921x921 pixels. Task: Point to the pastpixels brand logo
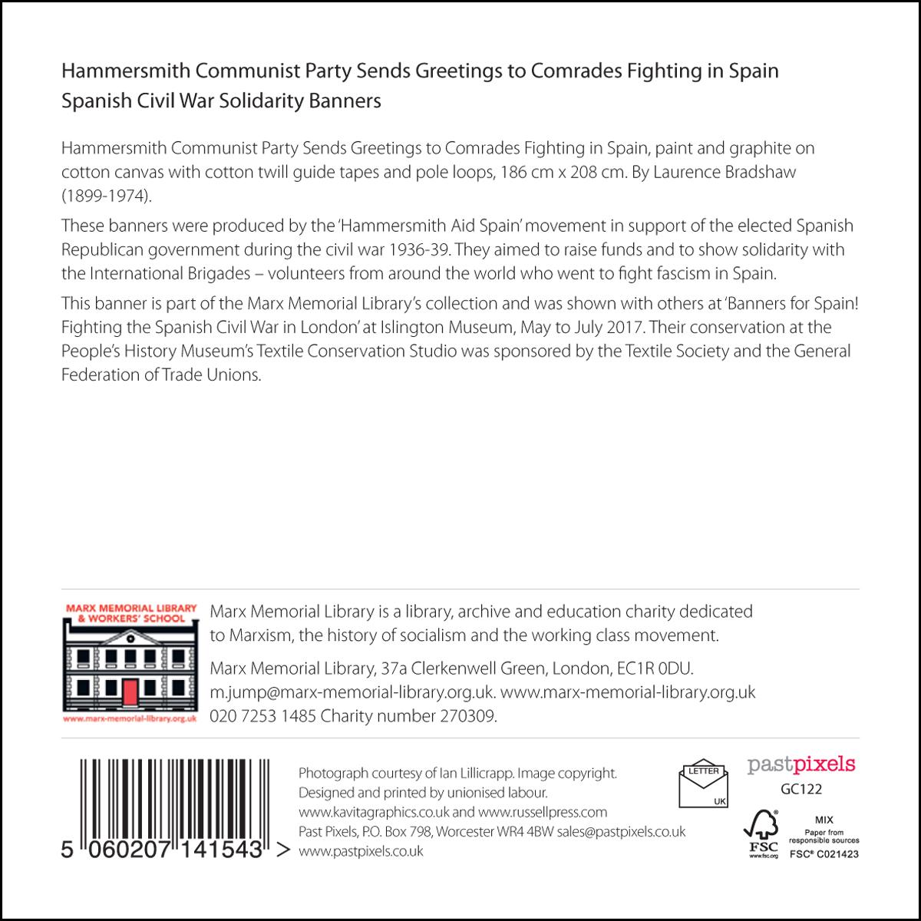pyautogui.click(x=801, y=764)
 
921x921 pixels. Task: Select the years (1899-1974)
pyautogui.click(x=107, y=196)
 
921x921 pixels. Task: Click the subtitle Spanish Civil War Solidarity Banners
pyautogui.click(x=221, y=101)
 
